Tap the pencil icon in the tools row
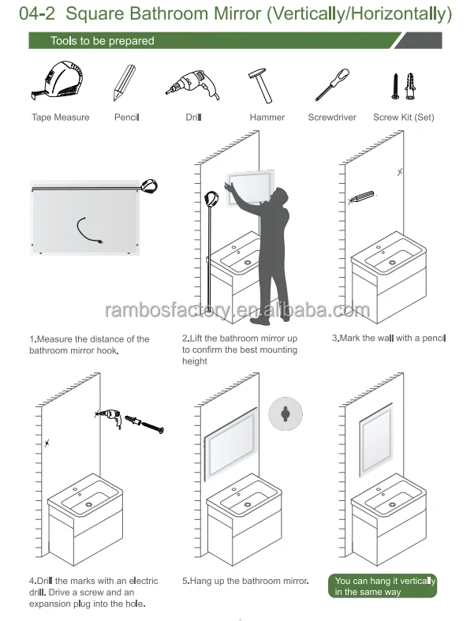124,81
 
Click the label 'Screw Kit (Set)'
403,118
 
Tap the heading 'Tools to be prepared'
102,41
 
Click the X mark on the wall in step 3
400,171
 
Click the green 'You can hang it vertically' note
384,586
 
